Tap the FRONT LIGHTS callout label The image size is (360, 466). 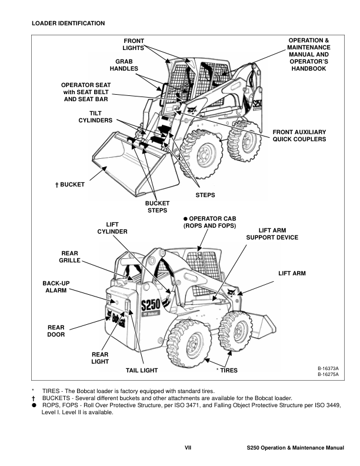tap(133, 44)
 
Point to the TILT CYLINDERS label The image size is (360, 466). tap(95, 116)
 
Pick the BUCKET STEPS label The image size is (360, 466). tap(156, 207)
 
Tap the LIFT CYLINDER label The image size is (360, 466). tap(112, 228)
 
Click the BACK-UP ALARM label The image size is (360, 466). tap(56, 287)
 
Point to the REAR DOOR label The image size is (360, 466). tap(56, 331)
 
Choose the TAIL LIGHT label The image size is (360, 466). tap(142, 371)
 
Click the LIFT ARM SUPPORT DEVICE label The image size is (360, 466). tap(272, 234)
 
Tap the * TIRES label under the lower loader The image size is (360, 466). tap(226, 371)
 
